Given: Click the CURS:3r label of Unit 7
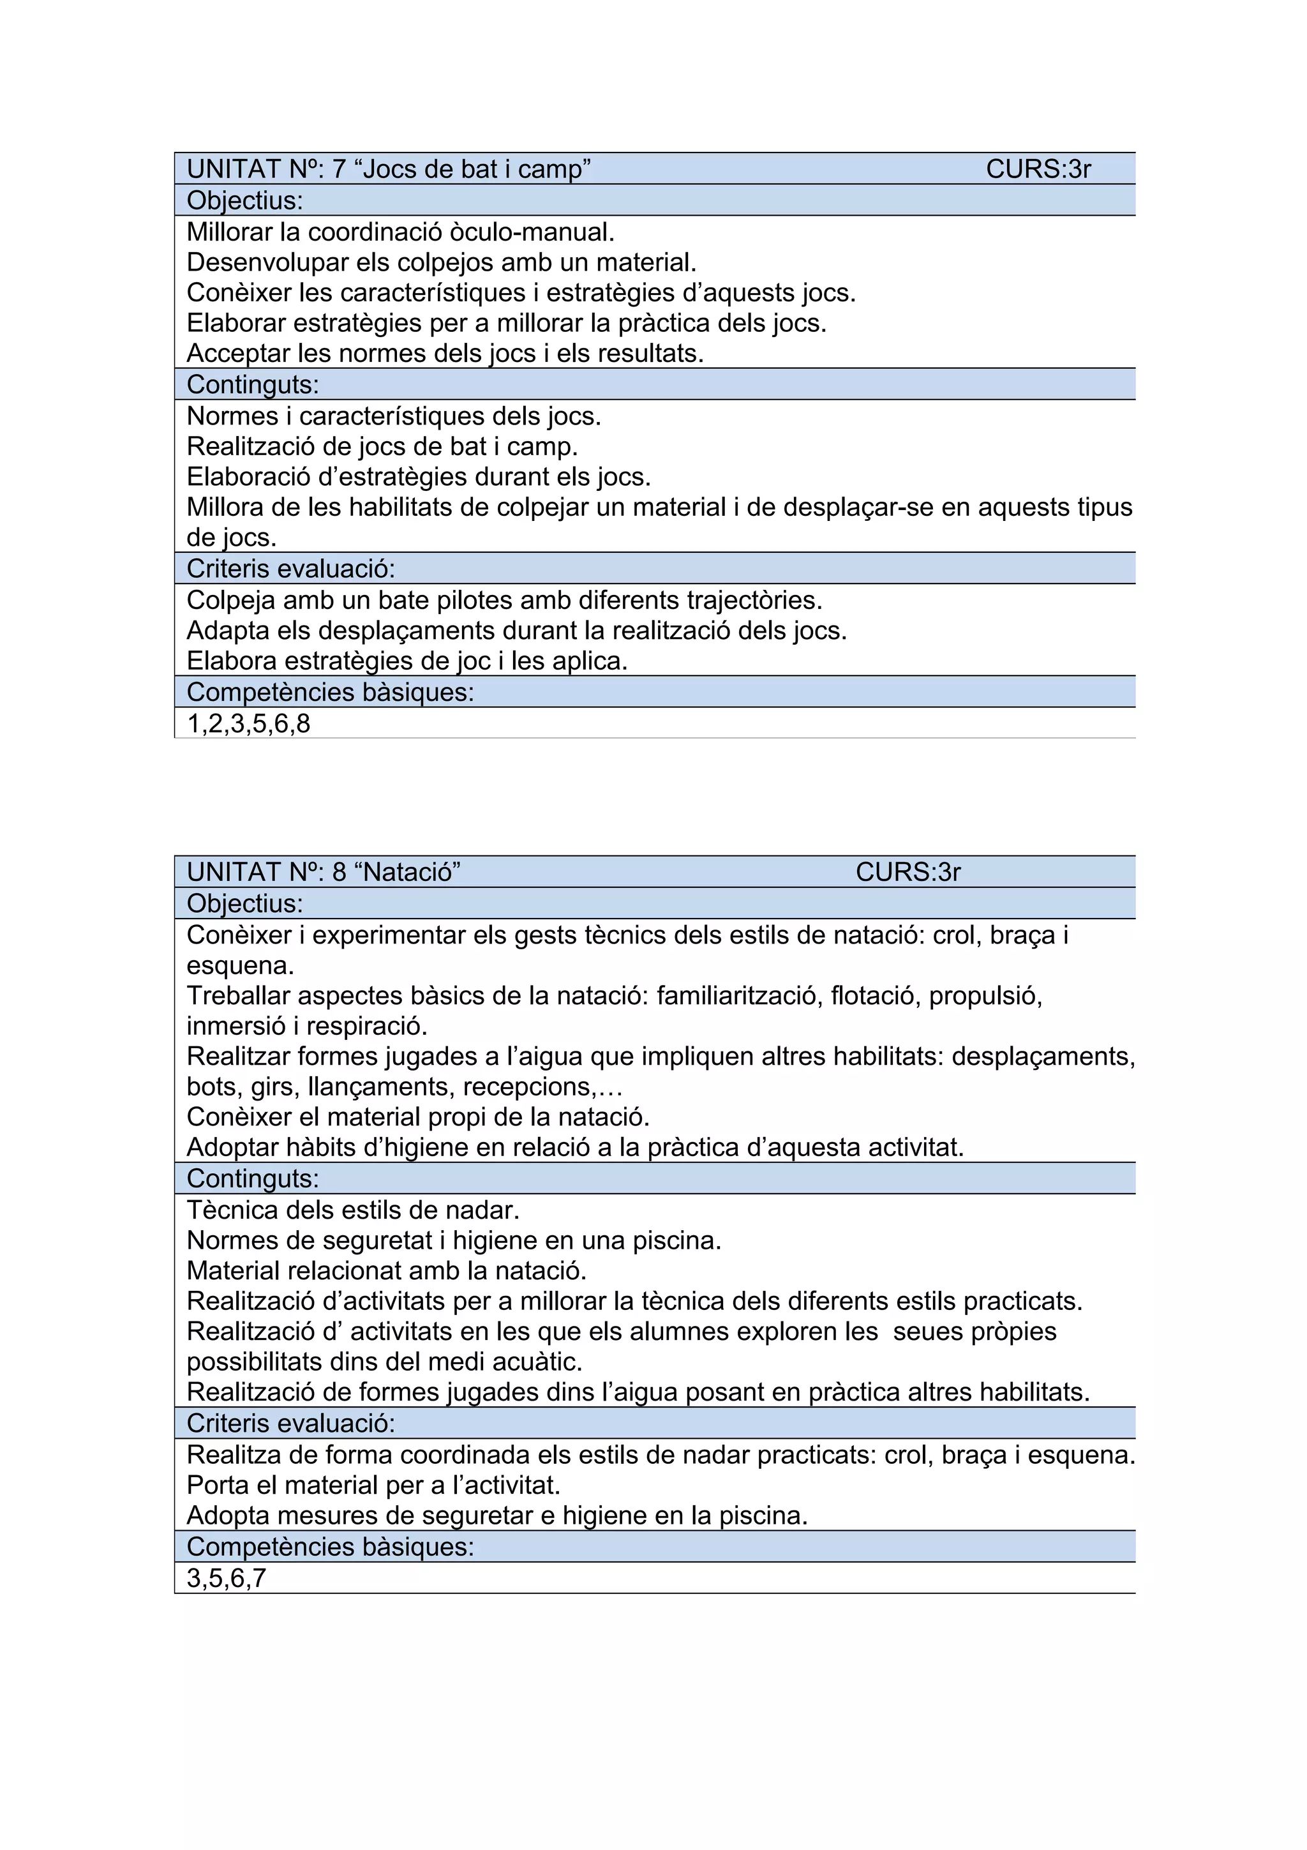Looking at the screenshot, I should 1038,169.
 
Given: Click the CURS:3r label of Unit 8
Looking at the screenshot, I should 907,872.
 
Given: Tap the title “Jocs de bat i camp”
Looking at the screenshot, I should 472,169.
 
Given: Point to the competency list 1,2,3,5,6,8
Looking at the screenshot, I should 248,723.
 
